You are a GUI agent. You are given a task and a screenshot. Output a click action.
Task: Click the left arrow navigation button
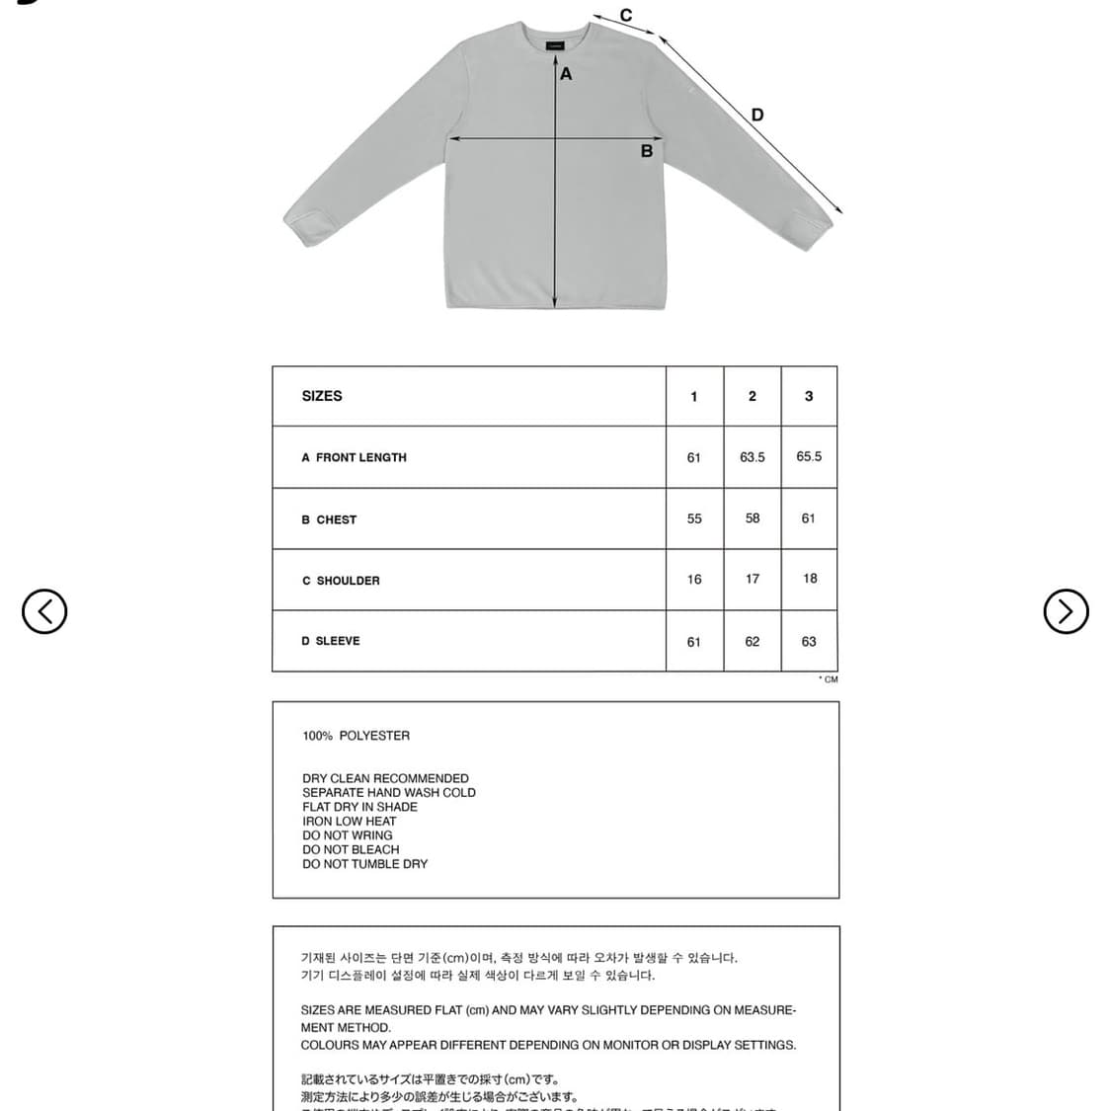coord(44,611)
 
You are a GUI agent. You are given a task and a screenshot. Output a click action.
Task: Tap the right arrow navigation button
coord(1066,611)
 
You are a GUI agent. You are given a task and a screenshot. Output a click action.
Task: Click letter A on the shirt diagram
coord(566,74)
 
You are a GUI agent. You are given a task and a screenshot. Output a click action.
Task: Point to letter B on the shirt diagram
coord(646,151)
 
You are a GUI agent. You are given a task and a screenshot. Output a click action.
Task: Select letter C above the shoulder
coord(625,16)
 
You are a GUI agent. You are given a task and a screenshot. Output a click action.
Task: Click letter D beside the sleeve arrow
coord(757,115)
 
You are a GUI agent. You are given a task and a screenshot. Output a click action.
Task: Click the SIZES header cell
coord(322,396)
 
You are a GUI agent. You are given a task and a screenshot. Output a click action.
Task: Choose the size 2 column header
coord(752,396)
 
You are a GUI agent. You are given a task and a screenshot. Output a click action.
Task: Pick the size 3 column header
coord(809,396)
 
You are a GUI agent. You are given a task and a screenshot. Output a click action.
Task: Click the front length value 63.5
coord(753,457)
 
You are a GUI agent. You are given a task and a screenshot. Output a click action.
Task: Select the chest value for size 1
coord(694,518)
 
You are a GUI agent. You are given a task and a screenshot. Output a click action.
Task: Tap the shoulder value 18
coord(810,579)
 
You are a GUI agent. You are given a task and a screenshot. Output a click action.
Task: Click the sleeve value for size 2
coord(753,642)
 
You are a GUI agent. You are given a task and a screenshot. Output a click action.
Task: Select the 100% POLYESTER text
coord(356,736)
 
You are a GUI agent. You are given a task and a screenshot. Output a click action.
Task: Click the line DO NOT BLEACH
coord(351,849)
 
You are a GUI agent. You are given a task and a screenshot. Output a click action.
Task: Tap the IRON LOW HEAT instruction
coord(349,821)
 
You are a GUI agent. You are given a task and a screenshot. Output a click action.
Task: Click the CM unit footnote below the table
coord(829,679)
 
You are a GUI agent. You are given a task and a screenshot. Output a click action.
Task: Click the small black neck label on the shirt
coord(556,44)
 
